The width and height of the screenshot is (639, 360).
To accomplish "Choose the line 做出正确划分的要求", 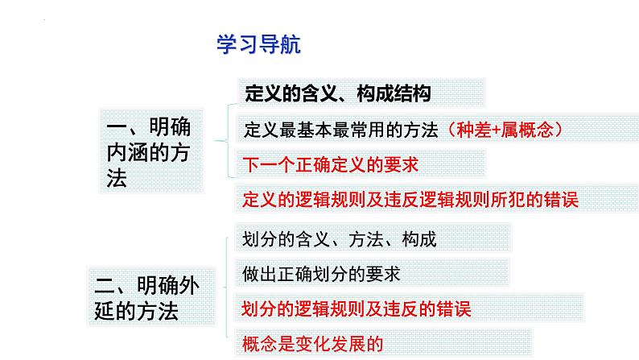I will pos(320,273).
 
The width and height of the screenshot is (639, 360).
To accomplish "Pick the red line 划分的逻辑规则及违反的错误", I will pos(357,308).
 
